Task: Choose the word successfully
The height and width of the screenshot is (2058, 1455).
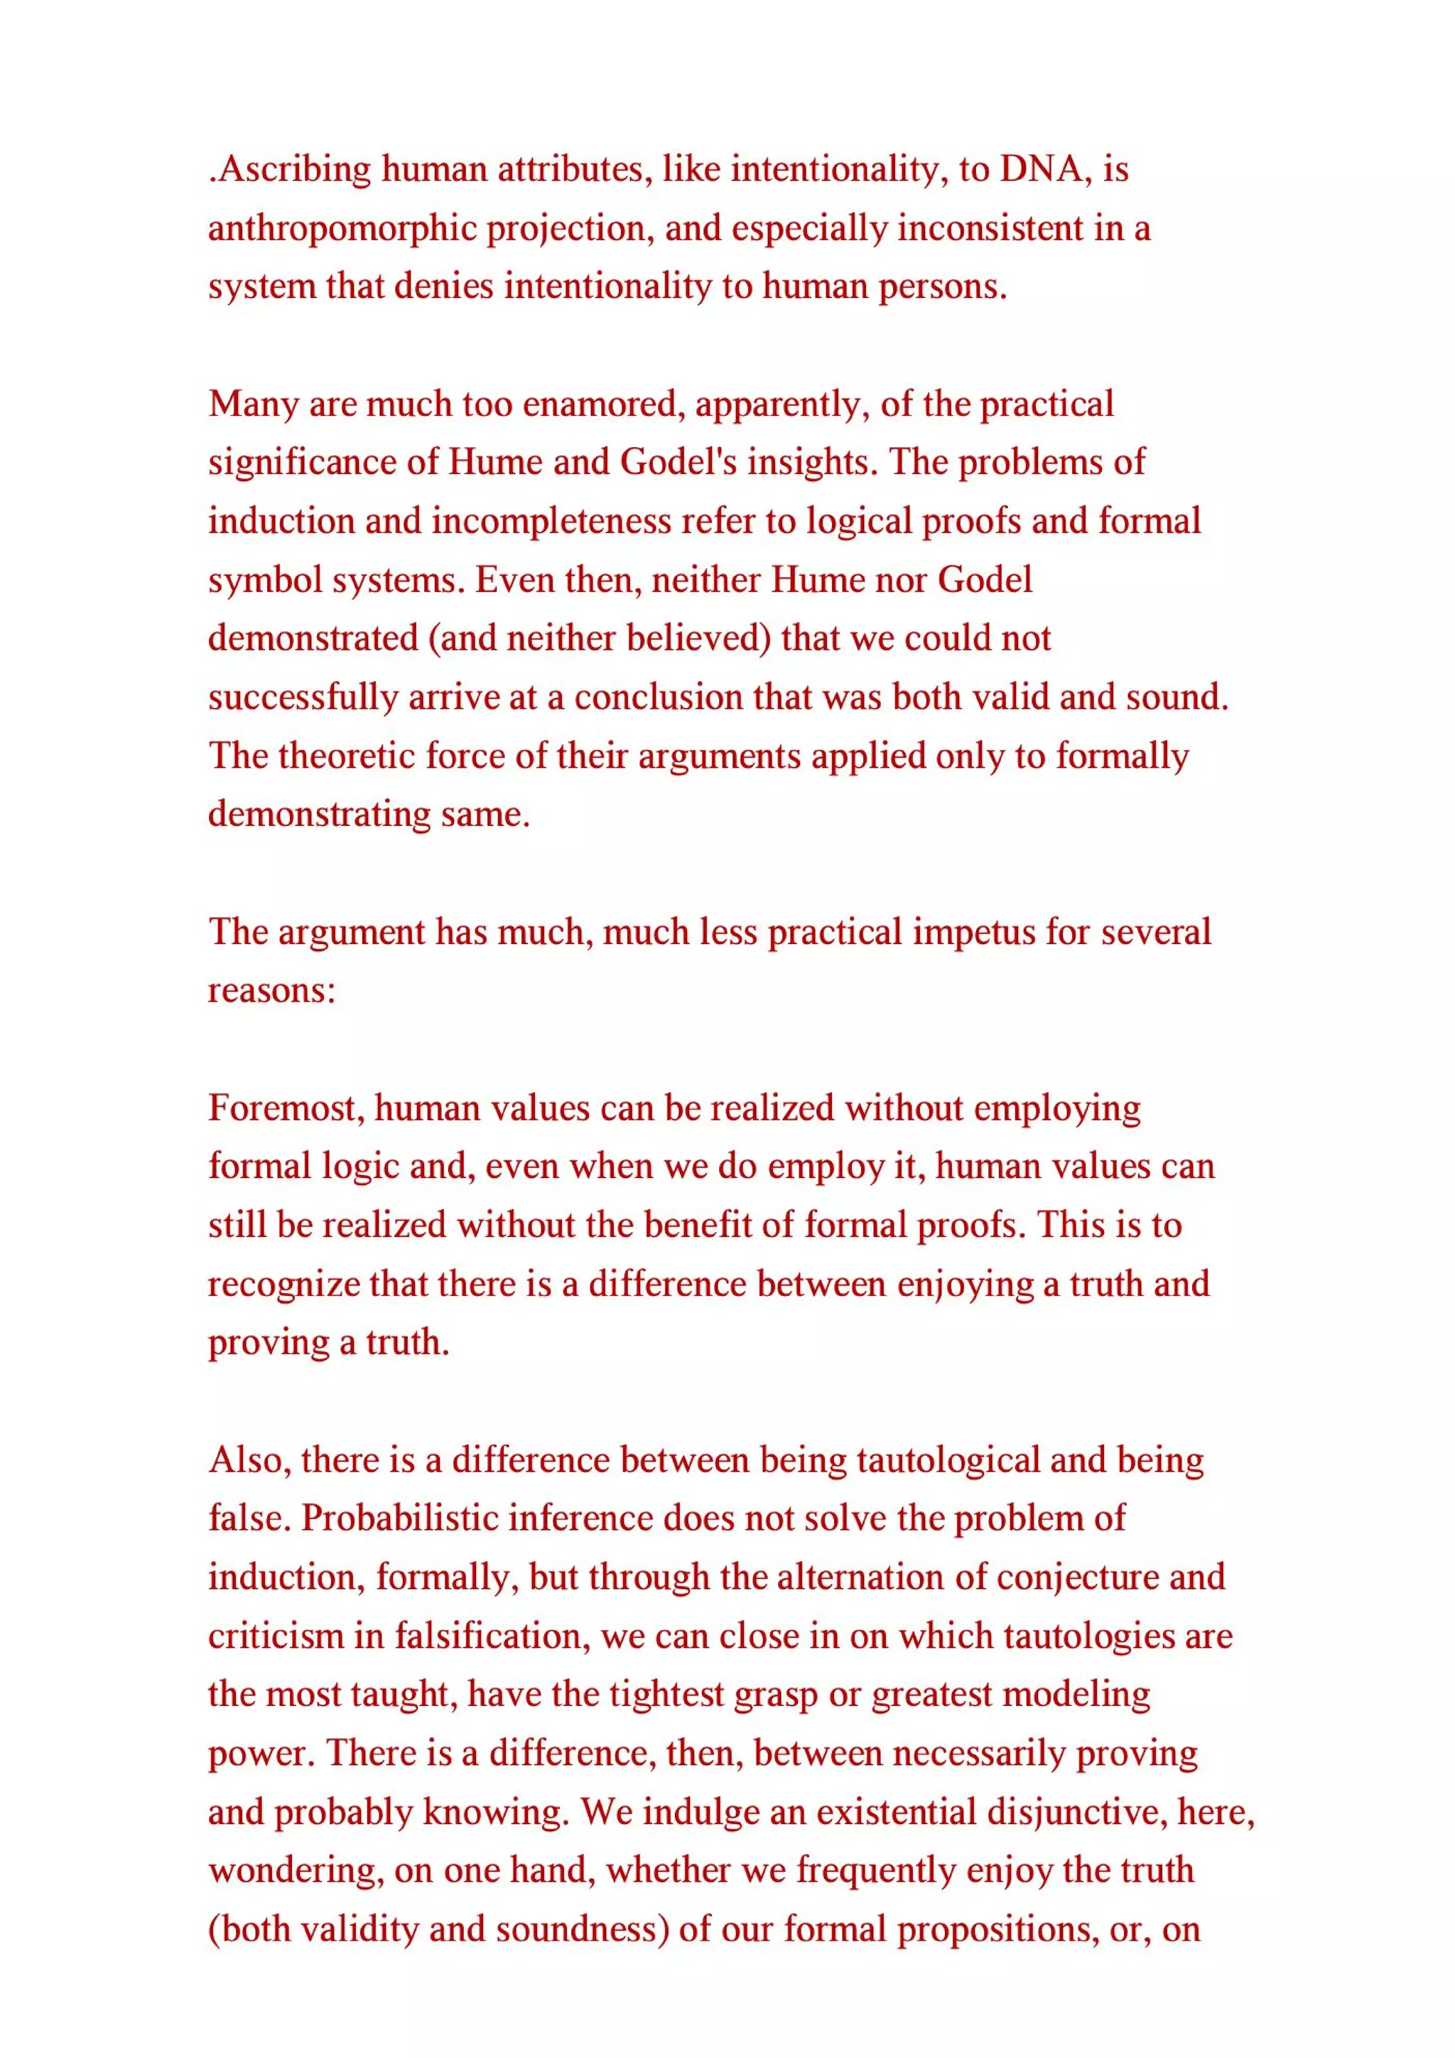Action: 303,697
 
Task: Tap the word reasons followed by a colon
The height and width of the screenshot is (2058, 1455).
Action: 271,990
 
